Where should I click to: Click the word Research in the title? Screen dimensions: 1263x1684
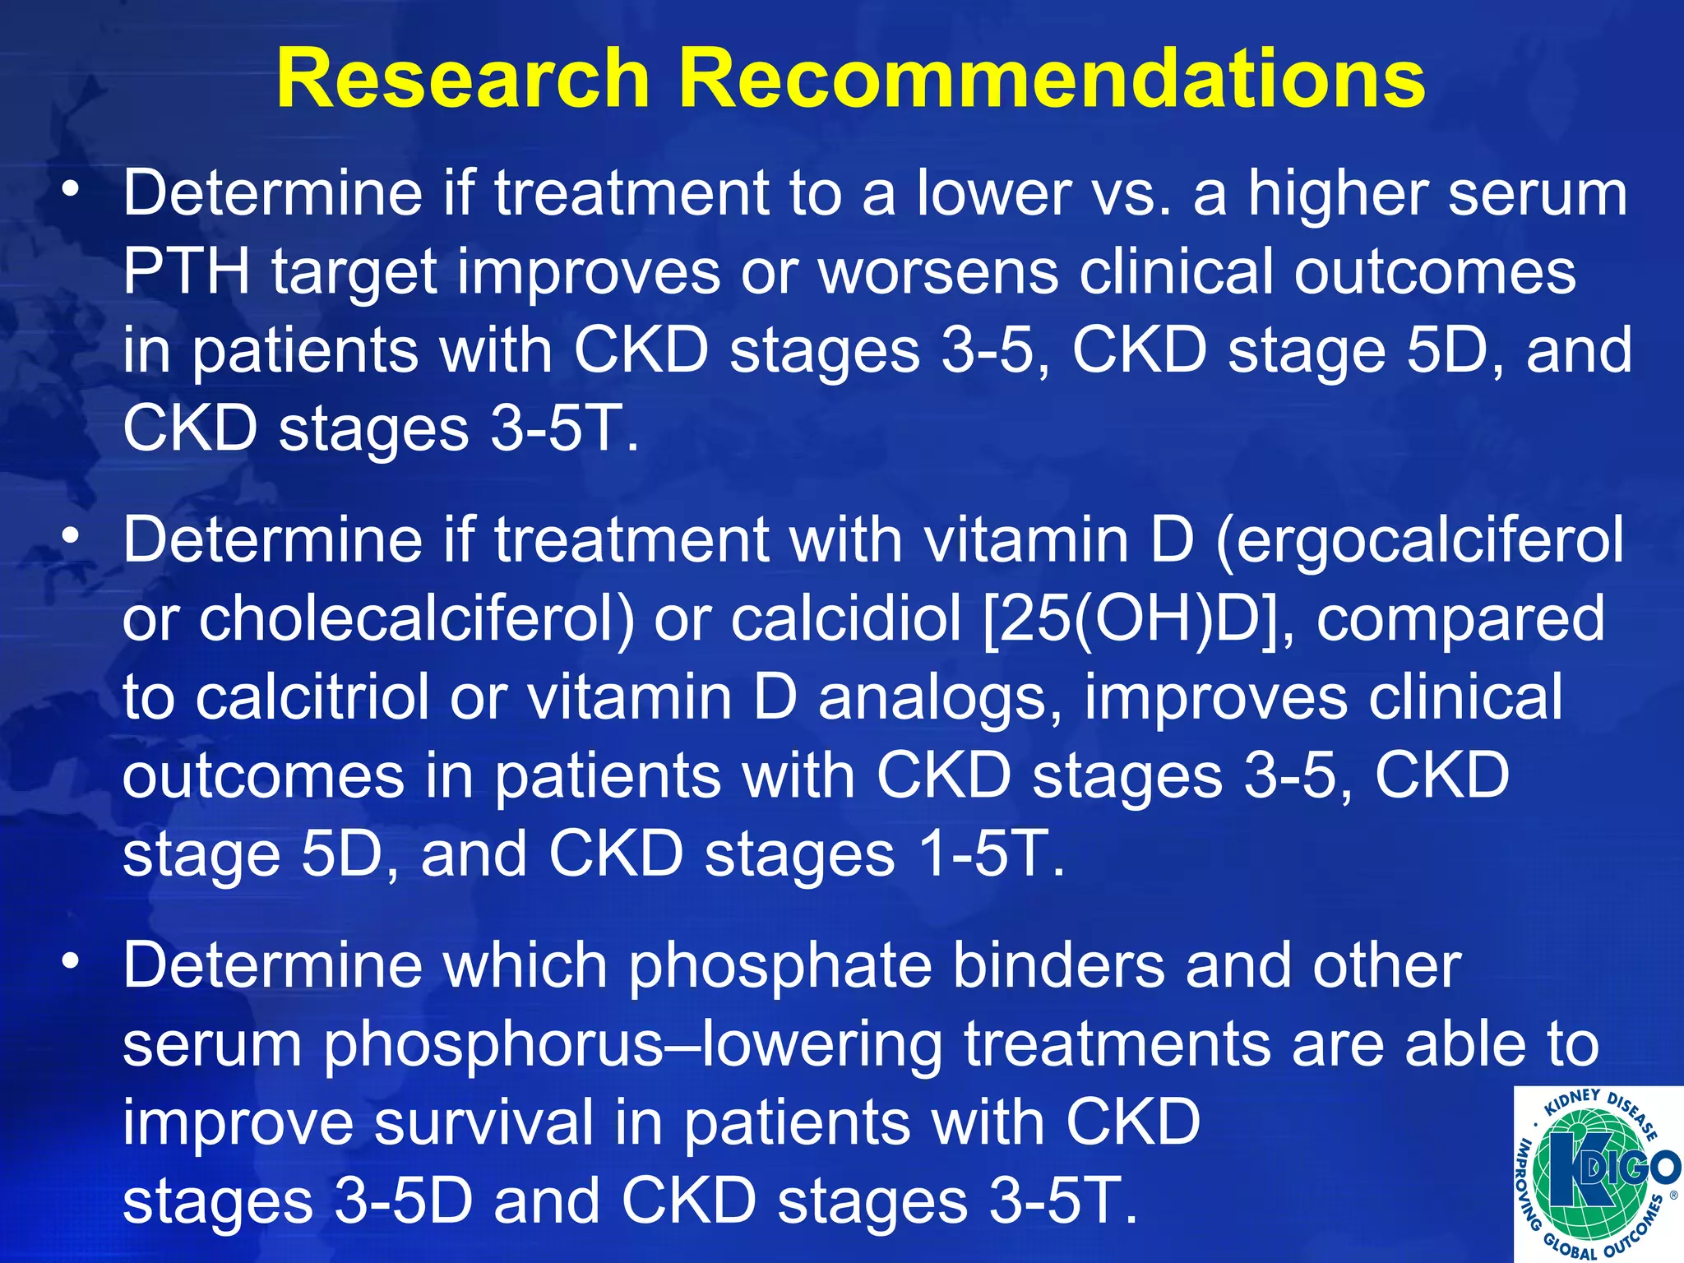(463, 78)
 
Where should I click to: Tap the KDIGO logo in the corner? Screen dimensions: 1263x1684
(1598, 1174)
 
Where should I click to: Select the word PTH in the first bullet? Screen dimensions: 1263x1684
(187, 272)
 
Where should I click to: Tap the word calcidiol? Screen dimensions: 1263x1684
(846, 619)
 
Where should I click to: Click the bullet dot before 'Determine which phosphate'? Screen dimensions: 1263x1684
(72, 959)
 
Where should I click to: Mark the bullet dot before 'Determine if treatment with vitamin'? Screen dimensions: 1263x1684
(72, 535)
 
